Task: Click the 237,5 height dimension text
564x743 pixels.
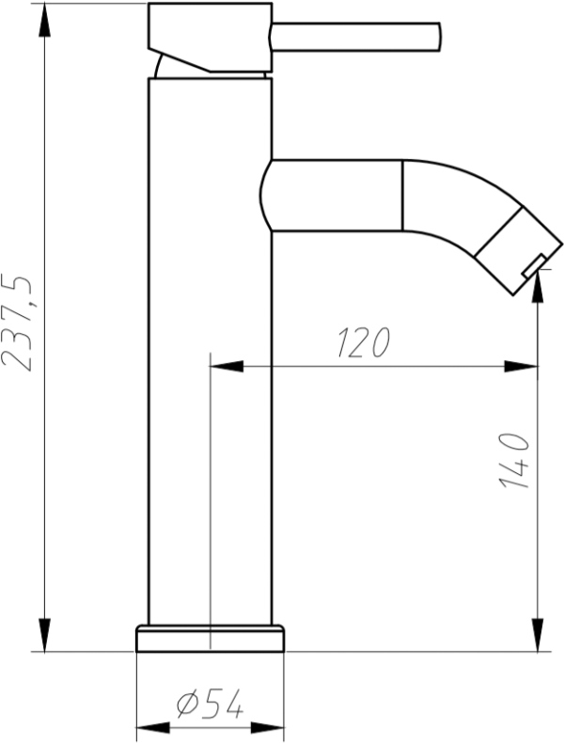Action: point(17,322)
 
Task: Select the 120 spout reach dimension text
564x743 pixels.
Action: point(363,341)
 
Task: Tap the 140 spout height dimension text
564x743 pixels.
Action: point(514,461)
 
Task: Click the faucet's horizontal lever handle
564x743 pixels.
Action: point(356,37)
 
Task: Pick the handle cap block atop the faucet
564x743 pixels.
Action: point(211,38)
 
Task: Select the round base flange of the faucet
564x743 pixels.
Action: point(211,639)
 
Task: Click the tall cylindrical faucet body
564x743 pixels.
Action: point(211,352)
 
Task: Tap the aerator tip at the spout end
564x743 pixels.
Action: point(520,251)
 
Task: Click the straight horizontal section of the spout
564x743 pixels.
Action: point(332,196)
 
